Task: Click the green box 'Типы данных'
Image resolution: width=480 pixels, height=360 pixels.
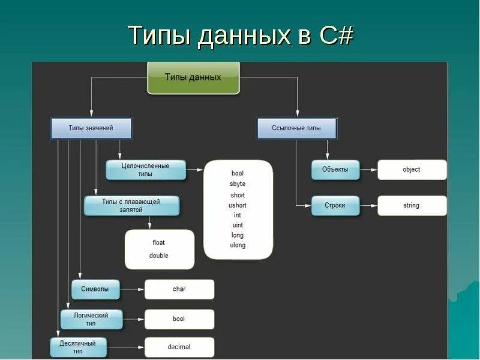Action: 193,77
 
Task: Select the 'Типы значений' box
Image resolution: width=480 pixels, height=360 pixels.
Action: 91,128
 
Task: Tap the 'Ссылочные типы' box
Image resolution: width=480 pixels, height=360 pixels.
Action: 297,128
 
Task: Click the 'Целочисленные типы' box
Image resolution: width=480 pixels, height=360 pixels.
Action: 146,170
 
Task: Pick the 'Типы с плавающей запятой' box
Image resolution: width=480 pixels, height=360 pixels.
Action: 131,206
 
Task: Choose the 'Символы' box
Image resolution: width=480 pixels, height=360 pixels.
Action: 95,289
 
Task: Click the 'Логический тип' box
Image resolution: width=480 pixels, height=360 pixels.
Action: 92,319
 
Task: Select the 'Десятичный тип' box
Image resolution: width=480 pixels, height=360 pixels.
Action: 79,347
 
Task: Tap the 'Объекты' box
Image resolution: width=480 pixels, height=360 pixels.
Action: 335,170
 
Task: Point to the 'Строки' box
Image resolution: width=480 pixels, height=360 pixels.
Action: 335,206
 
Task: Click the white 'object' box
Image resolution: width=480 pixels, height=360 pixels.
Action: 412,170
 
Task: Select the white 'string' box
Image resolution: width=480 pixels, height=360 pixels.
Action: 412,206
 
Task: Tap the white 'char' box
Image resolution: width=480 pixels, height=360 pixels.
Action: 179,289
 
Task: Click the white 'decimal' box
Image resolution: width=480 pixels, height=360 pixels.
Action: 179,347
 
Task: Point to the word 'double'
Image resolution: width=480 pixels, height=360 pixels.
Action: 159,256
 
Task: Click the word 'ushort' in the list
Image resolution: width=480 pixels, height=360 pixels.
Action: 238,205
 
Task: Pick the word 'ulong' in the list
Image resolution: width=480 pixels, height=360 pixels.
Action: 238,245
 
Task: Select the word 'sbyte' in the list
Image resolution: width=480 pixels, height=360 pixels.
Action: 238,184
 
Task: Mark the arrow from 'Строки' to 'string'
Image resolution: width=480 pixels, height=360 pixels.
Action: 368,206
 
